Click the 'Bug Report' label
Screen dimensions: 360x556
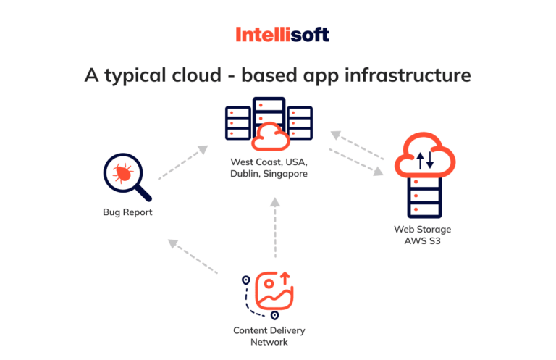pyautogui.click(x=127, y=213)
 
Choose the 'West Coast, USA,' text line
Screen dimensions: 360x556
pyautogui.click(x=269, y=162)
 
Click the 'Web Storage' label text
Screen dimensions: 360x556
pyautogui.click(x=423, y=229)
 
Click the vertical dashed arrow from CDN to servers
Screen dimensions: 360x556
pyautogui.click(x=274, y=228)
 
